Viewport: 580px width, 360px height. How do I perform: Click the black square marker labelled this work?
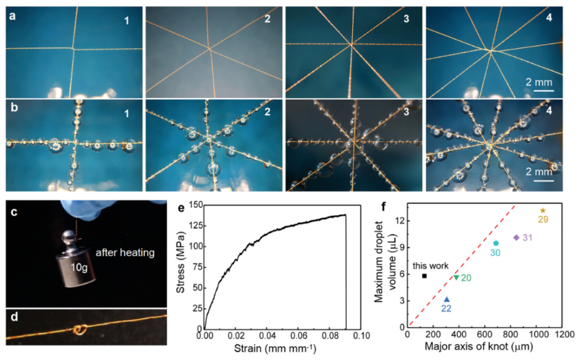pyautogui.click(x=424, y=275)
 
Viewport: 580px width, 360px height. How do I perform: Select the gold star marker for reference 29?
pyautogui.click(x=543, y=210)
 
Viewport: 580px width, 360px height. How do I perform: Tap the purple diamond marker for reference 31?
pyautogui.click(x=517, y=237)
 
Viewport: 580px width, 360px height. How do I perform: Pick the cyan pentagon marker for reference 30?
pyautogui.click(x=496, y=243)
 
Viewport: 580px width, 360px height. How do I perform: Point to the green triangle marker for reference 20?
pyautogui.click(x=456, y=277)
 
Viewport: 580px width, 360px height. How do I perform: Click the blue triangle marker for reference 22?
pyautogui.click(x=447, y=299)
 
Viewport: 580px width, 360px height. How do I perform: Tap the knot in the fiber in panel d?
pyautogui.click(x=81, y=330)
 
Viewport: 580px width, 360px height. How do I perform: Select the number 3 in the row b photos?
pyautogui.click(x=407, y=111)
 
